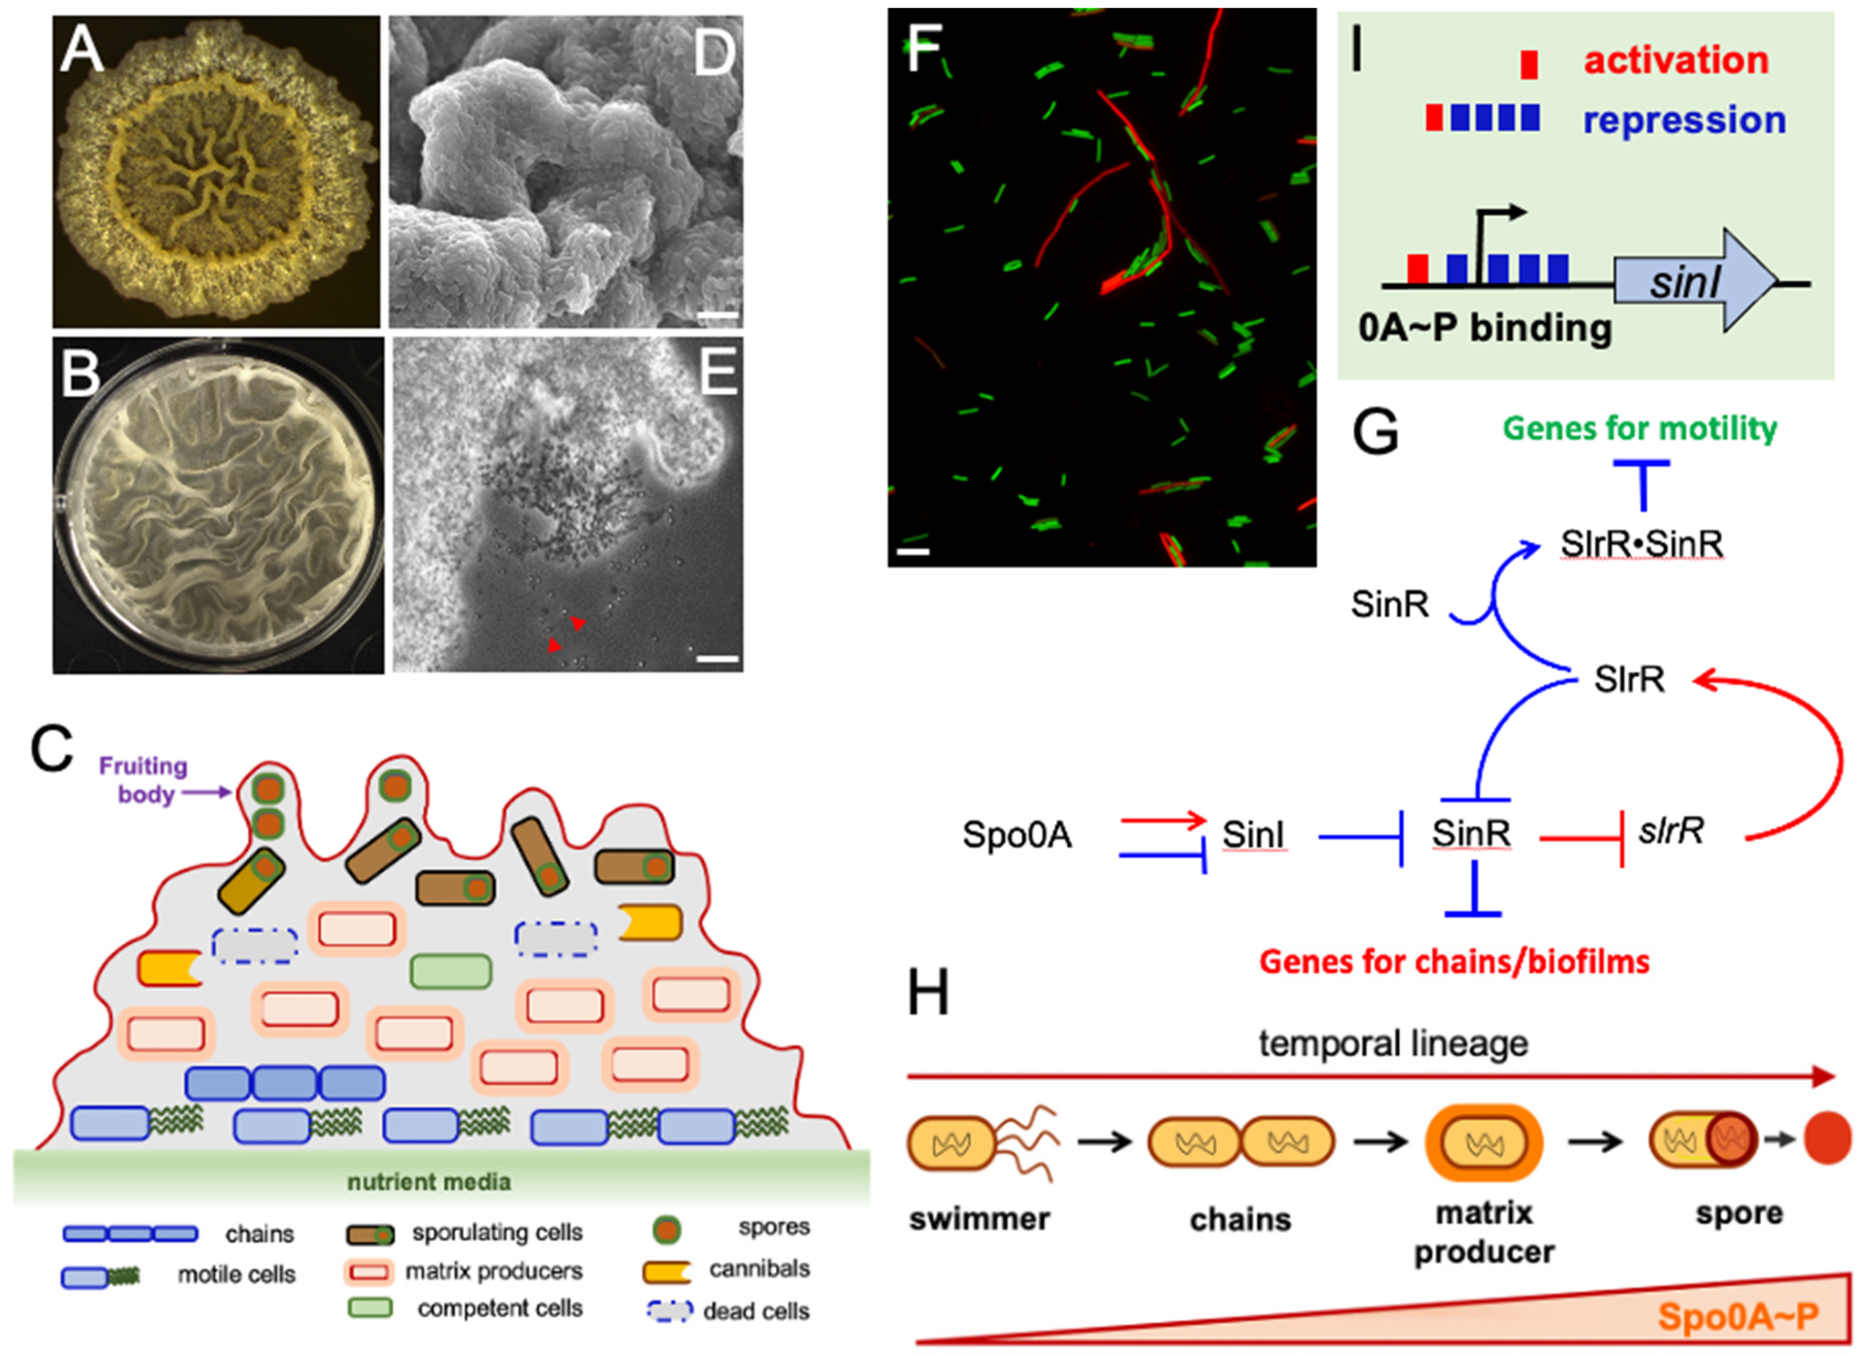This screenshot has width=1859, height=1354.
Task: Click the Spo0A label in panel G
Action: point(1016,835)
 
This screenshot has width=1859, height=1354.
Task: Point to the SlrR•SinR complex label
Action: point(1641,543)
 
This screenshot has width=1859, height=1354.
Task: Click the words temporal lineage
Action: point(1393,1044)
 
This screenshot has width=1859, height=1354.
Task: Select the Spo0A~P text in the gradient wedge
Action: point(1738,1316)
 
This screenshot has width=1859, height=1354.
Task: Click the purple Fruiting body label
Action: point(143,780)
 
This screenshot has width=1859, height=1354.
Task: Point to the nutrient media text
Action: point(429,1182)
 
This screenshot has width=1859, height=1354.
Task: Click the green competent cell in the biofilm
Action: point(451,971)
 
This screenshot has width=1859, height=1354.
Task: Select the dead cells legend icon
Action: point(669,1311)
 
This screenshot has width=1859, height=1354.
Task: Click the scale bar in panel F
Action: point(913,552)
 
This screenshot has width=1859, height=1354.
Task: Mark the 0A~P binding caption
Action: point(1484,328)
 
